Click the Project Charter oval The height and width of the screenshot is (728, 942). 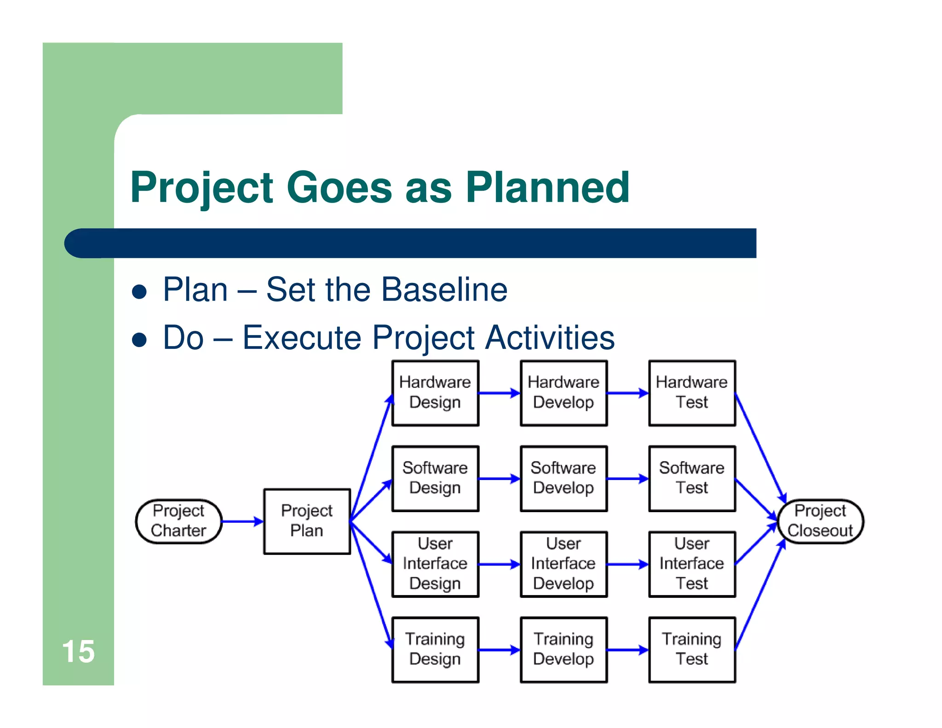pos(178,521)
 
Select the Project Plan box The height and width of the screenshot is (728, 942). pos(307,521)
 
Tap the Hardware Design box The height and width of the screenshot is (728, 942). pos(435,393)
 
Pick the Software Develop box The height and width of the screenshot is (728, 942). pos(563,478)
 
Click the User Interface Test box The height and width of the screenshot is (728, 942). pos(692,564)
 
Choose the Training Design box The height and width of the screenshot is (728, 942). pos(435,649)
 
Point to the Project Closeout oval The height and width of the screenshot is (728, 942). pos(820,521)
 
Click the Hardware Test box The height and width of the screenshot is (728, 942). pos(692,393)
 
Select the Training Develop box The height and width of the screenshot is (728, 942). pos(563,649)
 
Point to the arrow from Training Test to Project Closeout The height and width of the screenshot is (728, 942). pos(759,596)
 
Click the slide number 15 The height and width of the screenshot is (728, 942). pos(78,651)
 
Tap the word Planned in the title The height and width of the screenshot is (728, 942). pos(547,187)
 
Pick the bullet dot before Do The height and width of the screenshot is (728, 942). pos(139,340)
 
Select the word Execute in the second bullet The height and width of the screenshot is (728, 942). pos(301,337)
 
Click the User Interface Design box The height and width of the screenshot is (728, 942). pos(435,564)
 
